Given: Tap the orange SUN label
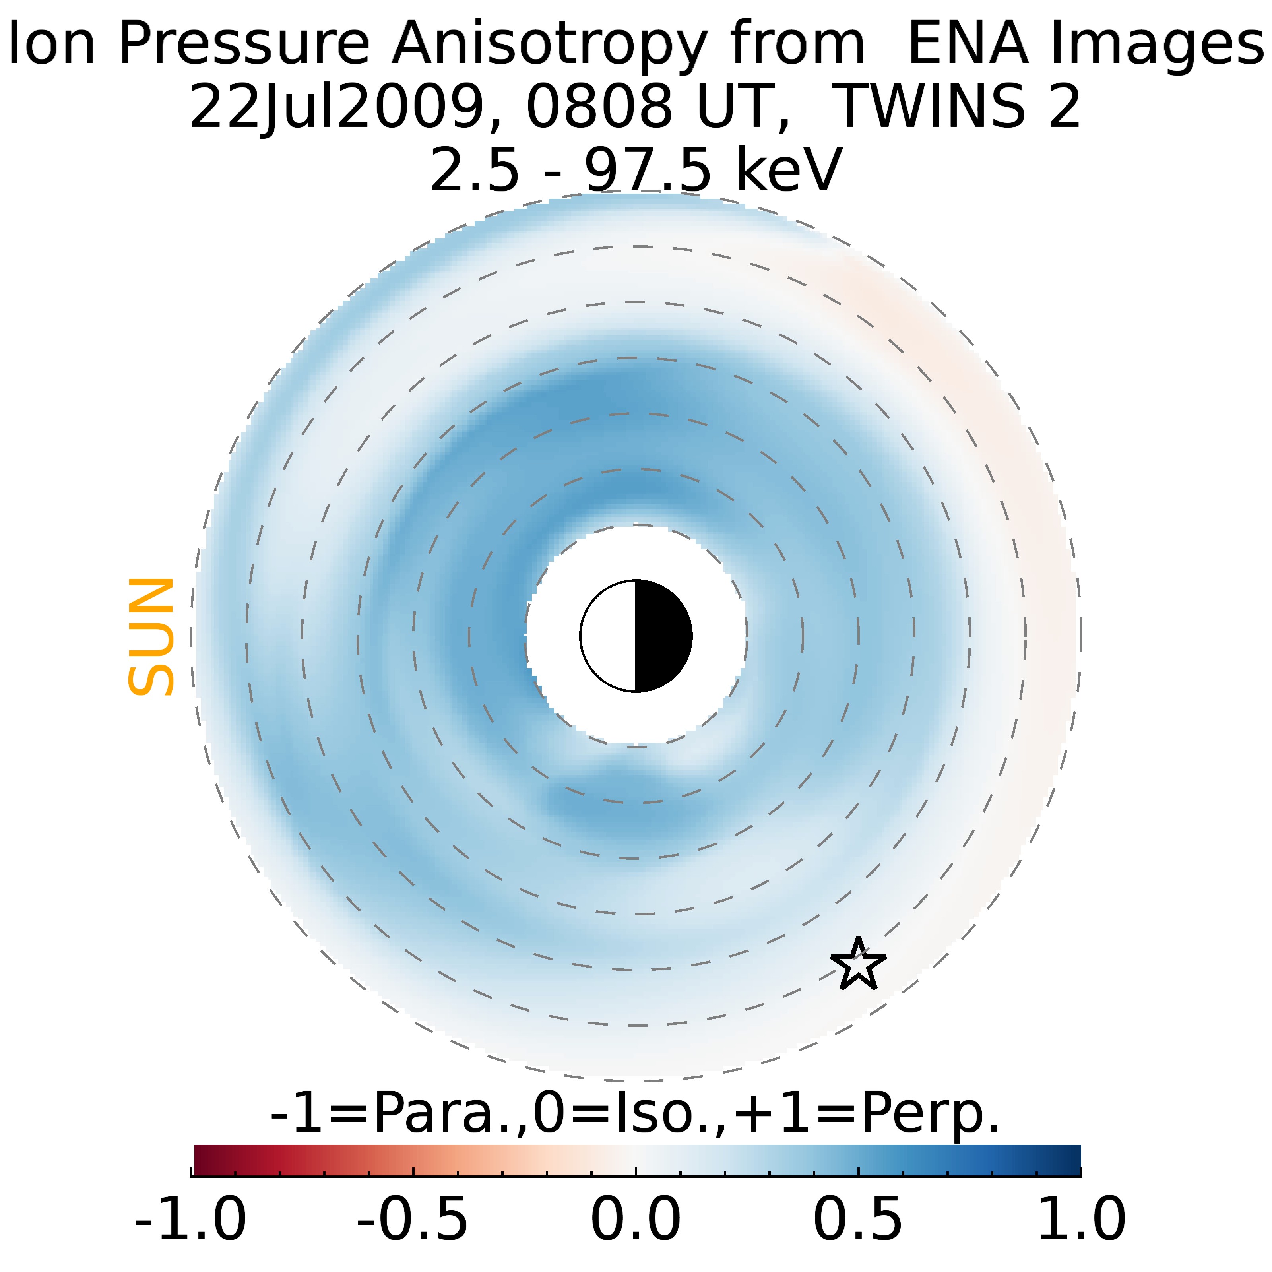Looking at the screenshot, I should coord(151,637).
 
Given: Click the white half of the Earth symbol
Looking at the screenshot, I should coord(608,636).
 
